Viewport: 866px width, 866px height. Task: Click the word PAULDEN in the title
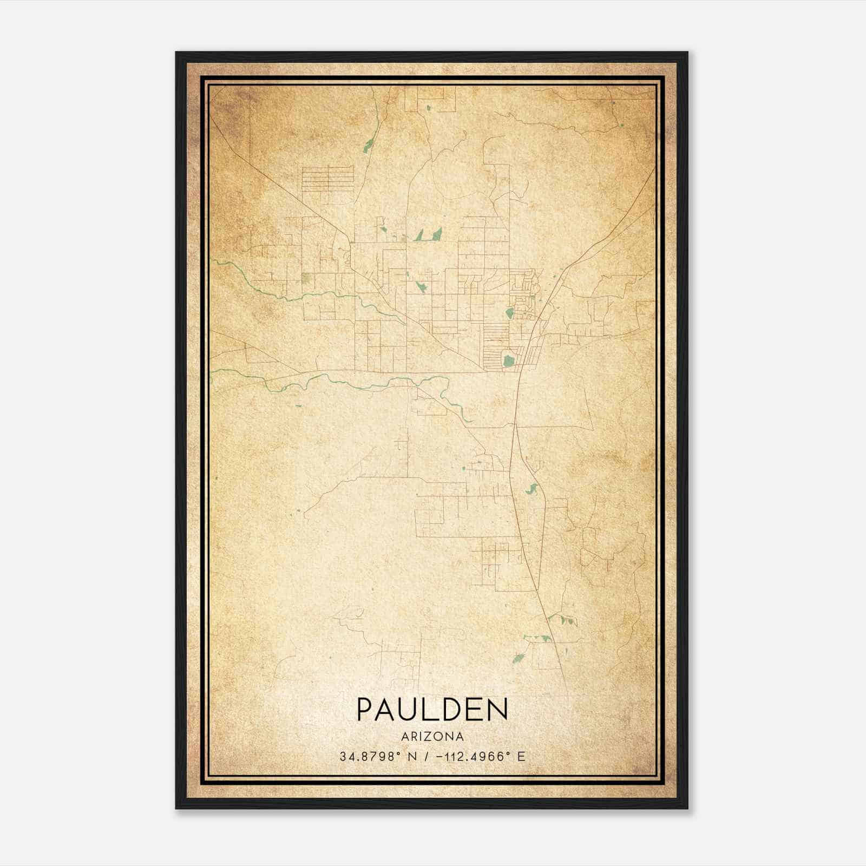[x=432, y=709]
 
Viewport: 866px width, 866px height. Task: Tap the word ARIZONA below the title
[x=432, y=737]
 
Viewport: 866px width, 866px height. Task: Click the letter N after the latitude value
[x=412, y=757]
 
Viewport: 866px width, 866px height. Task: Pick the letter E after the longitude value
[x=521, y=757]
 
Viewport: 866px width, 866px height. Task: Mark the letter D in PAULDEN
[x=456, y=709]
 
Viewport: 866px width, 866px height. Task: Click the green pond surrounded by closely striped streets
[x=508, y=360]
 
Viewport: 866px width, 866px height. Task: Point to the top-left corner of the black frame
[x=176, y=53]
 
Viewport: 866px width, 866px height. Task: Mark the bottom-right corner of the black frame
[x=687, y=808]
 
